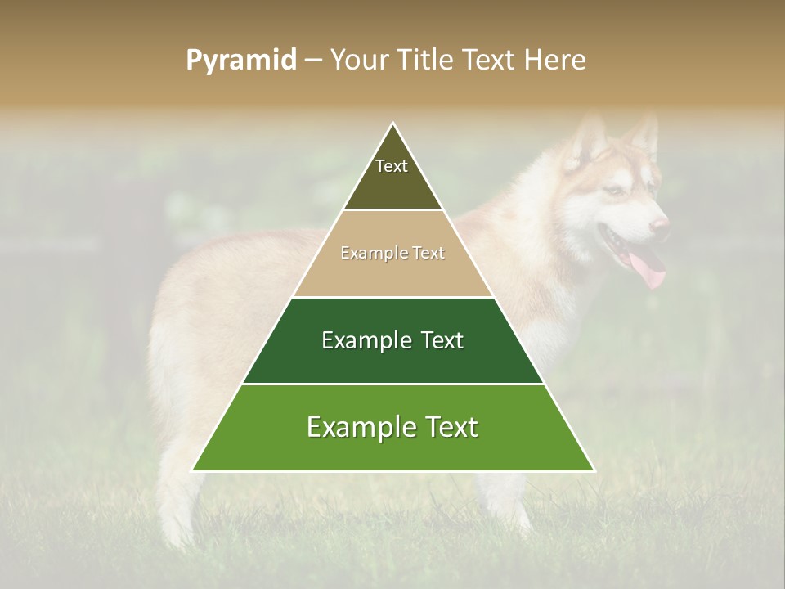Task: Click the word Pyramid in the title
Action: pyautogui.click(x=241, y=60)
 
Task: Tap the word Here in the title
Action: pyautogui.click(x=555, y=60)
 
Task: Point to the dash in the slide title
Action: pyautogui.click(x=312, y=61)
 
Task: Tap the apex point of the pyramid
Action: pyautogui.click(x=393, y=124)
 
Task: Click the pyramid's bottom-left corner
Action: pyautogui.click(x=193, y=470)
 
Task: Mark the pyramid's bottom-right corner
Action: pyautogui.click(x=594, y=470)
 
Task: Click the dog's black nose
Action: pyautogui.click(x=660, y=223)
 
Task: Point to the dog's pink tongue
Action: pyautogui.click(x=651, y=270)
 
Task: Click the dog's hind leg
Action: pyautogui.click(x=176, y=491)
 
